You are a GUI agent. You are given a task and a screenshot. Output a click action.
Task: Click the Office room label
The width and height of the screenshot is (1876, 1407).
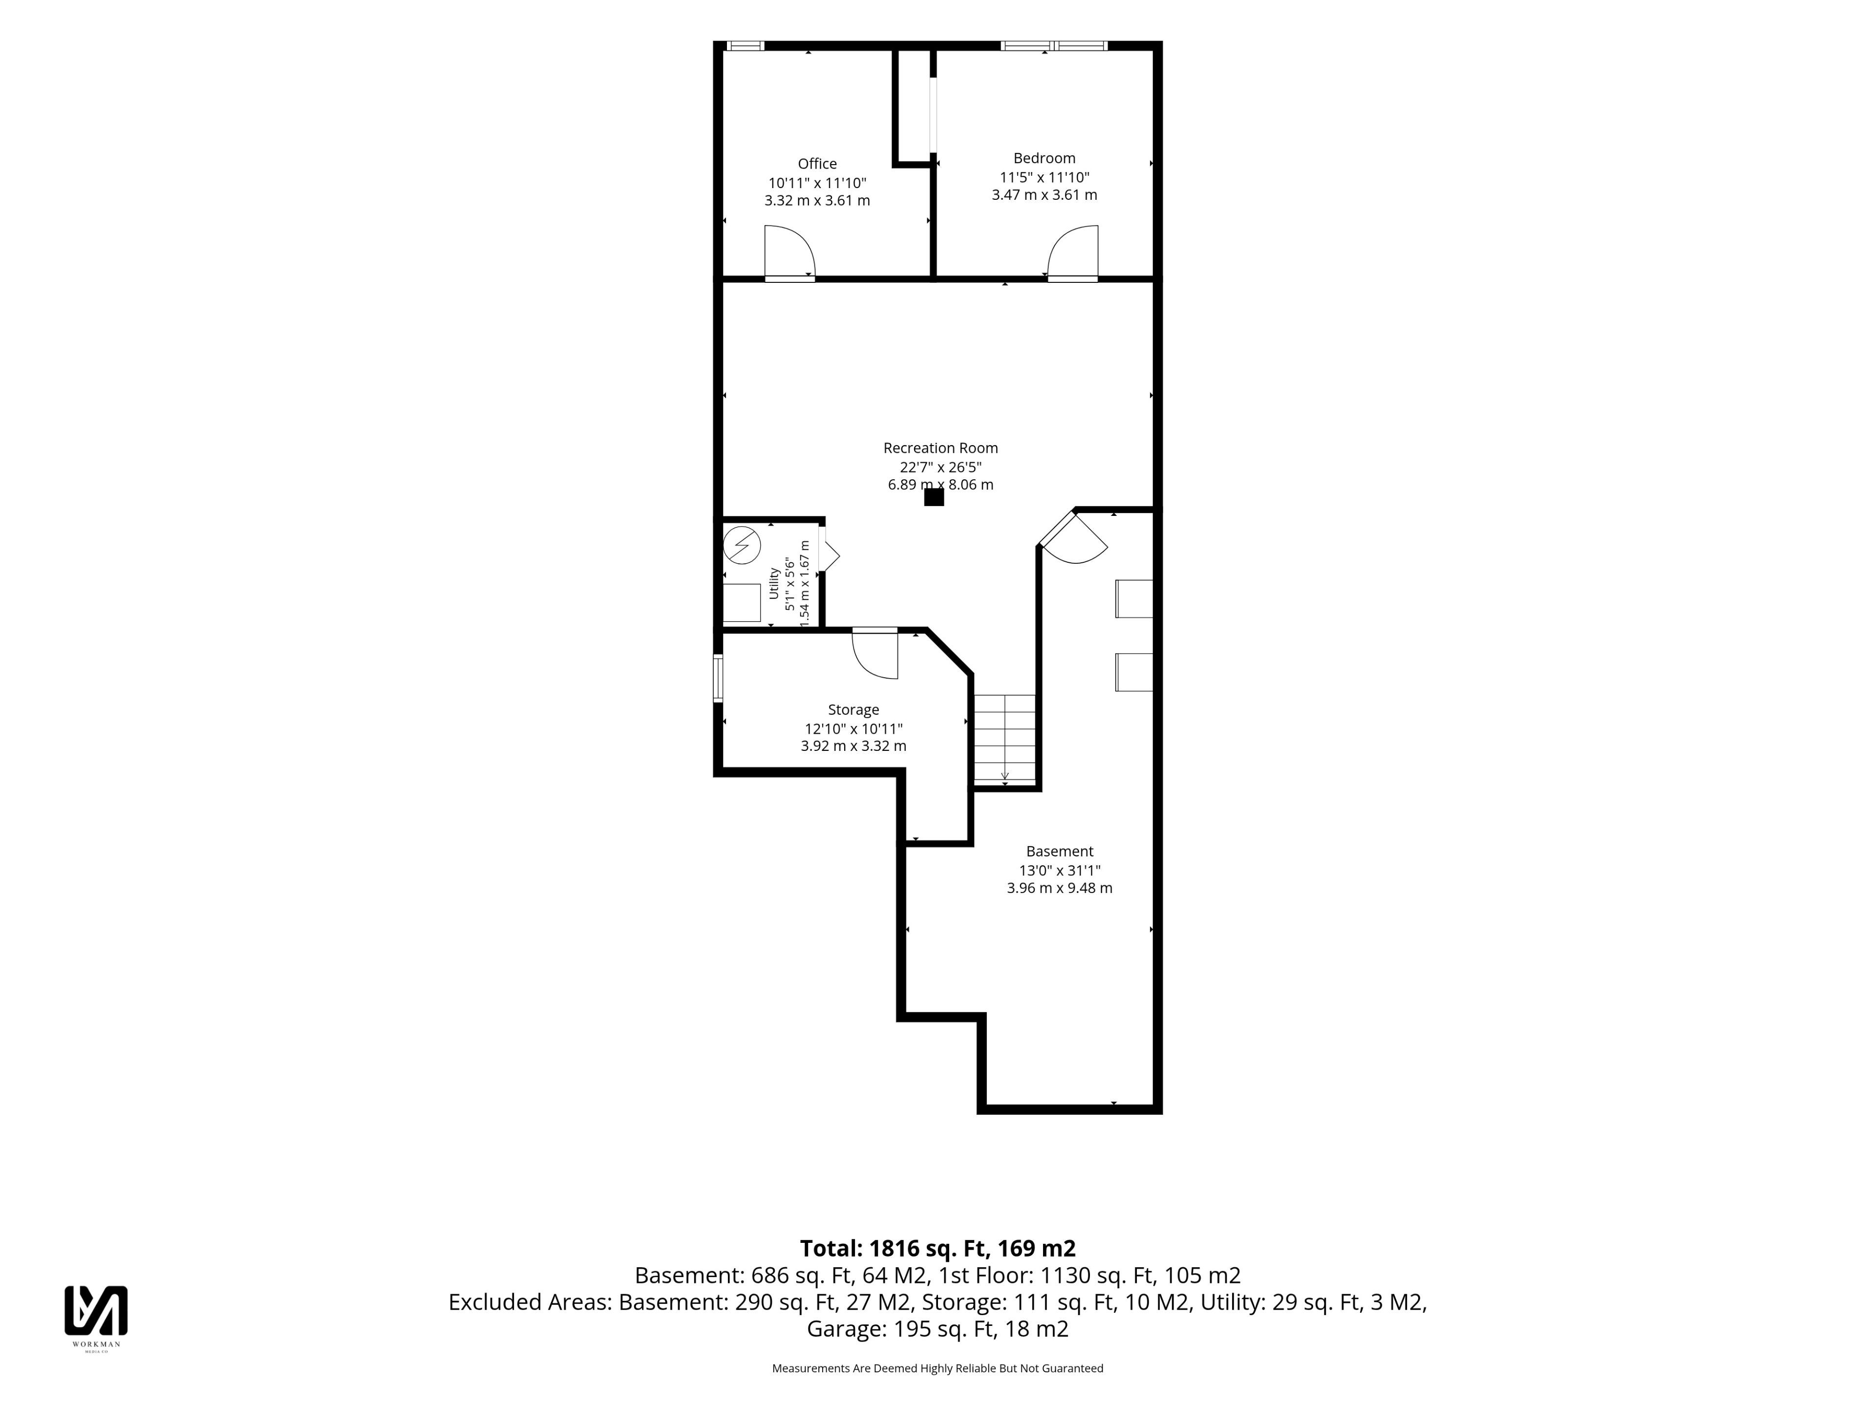[817, 164]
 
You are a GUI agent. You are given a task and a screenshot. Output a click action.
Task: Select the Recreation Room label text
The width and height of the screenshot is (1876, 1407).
[940, 448]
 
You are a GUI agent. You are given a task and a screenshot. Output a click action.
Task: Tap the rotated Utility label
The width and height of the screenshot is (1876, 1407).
[773, 583]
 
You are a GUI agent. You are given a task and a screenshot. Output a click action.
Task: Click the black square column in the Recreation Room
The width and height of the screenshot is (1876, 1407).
[934, 497]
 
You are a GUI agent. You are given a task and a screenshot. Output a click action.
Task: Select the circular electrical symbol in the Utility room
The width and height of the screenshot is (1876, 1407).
[742, 545]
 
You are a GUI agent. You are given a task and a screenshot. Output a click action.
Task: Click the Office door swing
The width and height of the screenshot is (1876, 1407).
[789, 251]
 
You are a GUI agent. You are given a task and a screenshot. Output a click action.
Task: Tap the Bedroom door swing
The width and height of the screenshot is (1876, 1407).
[1073, 251]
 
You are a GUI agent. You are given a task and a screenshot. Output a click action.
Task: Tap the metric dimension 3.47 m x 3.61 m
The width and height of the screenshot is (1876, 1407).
[1044, 195]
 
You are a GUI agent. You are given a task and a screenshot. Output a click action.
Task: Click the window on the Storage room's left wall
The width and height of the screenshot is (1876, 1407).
[718, 678]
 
